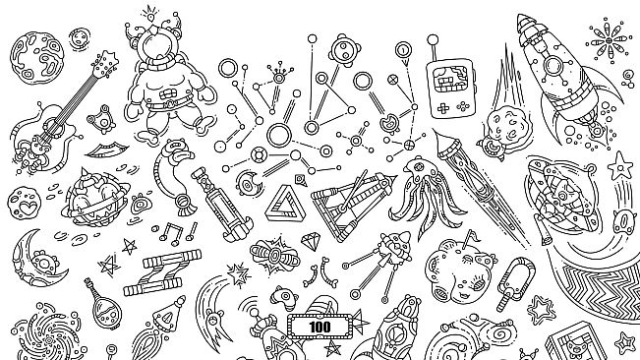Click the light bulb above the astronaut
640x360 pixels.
coord(150,11)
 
